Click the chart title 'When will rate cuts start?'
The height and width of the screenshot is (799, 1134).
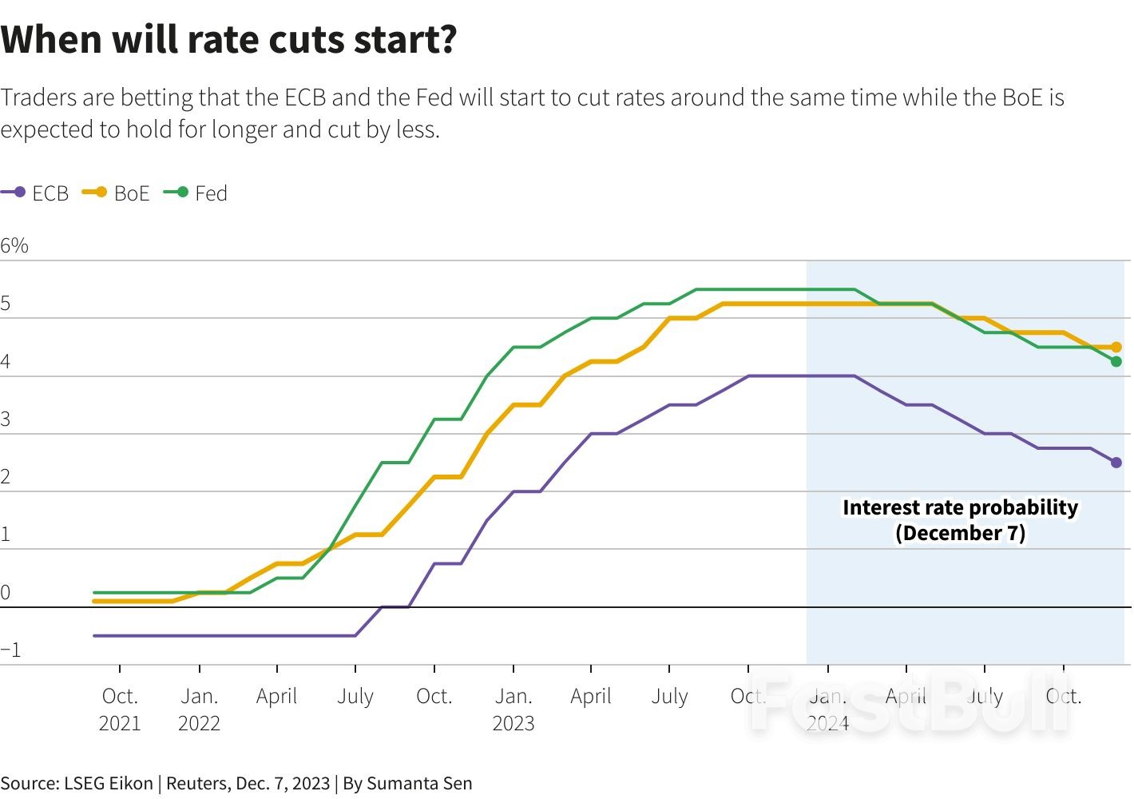(x=228, y=40)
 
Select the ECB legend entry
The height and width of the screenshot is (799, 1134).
(x=36, y=193)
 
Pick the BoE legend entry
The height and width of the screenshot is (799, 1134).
(x=117, y=193)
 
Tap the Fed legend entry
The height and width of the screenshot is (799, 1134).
(x=197, y=193)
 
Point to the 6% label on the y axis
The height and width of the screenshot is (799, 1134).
(x=14, y=246)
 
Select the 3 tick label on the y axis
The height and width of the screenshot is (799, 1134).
(x=6, y=419)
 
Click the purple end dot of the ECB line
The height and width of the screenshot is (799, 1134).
(x=1116, y=463)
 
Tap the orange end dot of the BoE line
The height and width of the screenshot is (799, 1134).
(x=1116, y=348)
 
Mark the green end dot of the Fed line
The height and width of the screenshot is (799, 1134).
(x=1116, y=362)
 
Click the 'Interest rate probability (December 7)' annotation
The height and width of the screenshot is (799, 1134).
(x=960, y=520)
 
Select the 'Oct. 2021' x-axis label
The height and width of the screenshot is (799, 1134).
(x=120, y=709)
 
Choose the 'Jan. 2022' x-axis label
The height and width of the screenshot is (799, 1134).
(x=199, y=709)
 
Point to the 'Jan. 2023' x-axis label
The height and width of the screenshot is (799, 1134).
(x=513, y=709)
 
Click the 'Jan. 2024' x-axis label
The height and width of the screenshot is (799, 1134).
(x=828, y=709)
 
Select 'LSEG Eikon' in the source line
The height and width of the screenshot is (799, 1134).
(x=108, y=783)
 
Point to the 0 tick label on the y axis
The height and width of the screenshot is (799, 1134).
(x=6, y=592)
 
